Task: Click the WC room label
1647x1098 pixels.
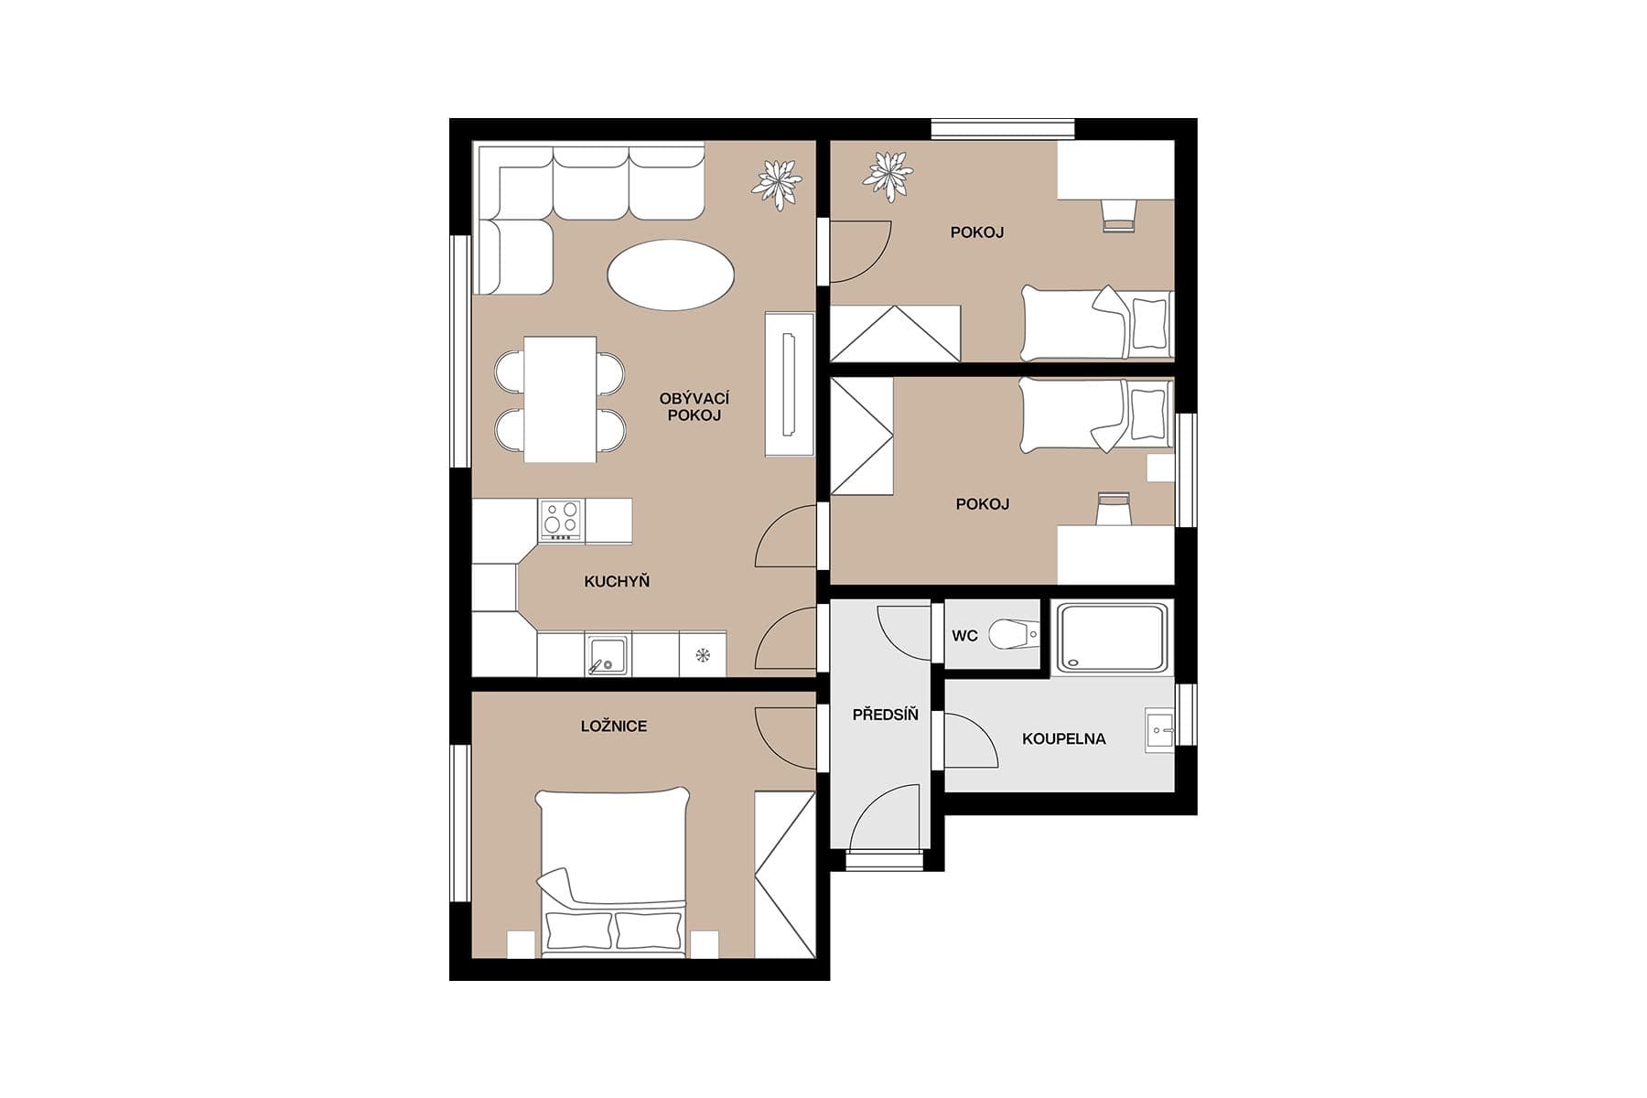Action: coord(964,636)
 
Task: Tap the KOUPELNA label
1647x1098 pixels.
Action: coord(1063,738)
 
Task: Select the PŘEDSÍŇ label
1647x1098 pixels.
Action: coord(885,715)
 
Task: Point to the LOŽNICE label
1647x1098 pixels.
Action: coord(614,727)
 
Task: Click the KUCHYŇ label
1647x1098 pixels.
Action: coord(617,581)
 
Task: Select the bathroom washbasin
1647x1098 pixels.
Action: coord(1159,731)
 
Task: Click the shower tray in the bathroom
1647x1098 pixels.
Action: coord(1112,638)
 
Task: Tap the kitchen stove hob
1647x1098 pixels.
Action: coord(561,519)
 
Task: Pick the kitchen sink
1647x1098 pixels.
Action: coord(606,655)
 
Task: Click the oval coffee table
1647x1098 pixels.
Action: coord(671,274)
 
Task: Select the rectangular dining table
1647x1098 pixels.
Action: coord(560,399)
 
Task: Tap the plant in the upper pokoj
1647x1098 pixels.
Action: coord(887,176)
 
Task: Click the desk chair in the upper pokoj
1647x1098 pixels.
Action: coord(1118,215)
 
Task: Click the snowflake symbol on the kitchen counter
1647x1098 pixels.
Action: coord(703,654)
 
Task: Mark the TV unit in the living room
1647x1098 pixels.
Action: coord(789,384)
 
